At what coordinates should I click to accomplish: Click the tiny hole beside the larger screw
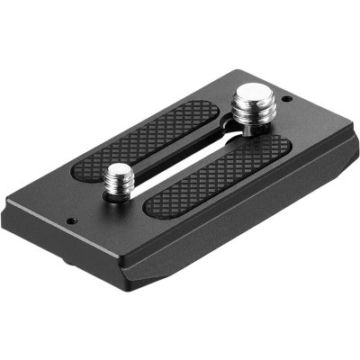pyautogui.click(x=286, y=99)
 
